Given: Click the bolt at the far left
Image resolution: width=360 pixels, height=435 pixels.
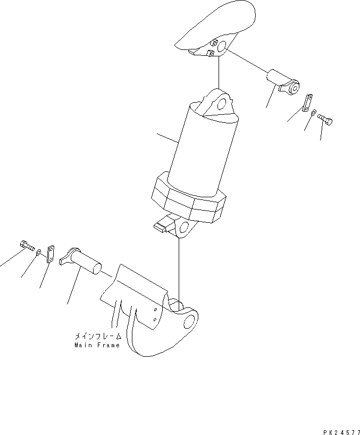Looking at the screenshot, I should [x=26, y=246].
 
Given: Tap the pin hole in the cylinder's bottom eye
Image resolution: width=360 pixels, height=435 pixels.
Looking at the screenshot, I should [x=185, y=229].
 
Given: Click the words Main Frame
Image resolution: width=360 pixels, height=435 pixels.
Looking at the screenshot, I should [x=98, y=345].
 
